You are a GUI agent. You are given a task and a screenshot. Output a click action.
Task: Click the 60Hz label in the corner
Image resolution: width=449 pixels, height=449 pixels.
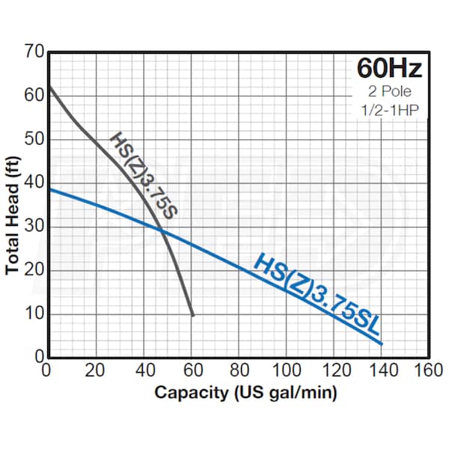click(x=389, y=69)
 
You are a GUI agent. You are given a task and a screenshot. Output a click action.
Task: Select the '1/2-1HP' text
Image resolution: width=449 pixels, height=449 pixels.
click(x=389, y=112)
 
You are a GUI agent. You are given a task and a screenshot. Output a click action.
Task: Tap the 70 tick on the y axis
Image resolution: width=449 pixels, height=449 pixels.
click(x=34, y=53)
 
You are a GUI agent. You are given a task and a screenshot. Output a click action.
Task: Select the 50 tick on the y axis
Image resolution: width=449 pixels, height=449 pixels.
click(x=34, y=140)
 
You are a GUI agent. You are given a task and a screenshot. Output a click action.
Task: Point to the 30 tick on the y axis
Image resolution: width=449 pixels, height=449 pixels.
click(x=34, y=227)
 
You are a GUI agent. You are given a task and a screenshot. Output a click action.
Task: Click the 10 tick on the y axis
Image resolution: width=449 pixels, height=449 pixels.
click(x=34, y=314)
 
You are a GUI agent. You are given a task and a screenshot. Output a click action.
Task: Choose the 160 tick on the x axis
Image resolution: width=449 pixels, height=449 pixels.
click(x=427, y=370)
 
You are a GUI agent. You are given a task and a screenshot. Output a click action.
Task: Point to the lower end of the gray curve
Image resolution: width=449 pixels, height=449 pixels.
click(x=193, y=315)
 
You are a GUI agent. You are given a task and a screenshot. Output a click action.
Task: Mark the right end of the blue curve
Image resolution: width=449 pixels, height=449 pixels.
click(x=382, y=343)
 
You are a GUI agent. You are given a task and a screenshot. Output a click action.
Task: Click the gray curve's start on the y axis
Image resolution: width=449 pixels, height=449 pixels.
click(x=49, y=87)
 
